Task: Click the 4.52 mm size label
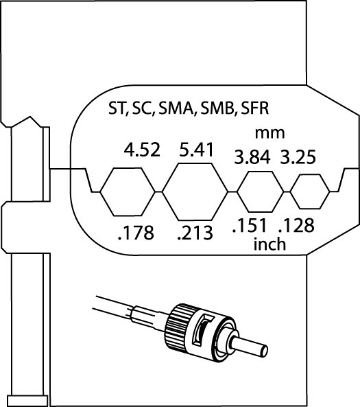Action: click(x=142, y=150)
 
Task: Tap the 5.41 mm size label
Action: click(x=196, y=150)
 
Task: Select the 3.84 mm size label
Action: click(x=252, y=157)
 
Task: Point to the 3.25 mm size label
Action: click(x=298, y=156)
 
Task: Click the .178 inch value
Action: click(x=136, y=233)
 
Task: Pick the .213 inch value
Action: click(x=195, y=233)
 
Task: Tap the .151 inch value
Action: click(x=250, y=225)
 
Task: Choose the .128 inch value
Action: click(x=296, y=225)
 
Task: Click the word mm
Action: click(x=269, y=134)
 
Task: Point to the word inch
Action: click(x=269, y=244)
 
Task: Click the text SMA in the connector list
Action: click(x=176, y=108)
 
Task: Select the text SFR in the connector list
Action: click(x=254, y=108)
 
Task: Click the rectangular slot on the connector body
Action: click(x=204, y=330)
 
